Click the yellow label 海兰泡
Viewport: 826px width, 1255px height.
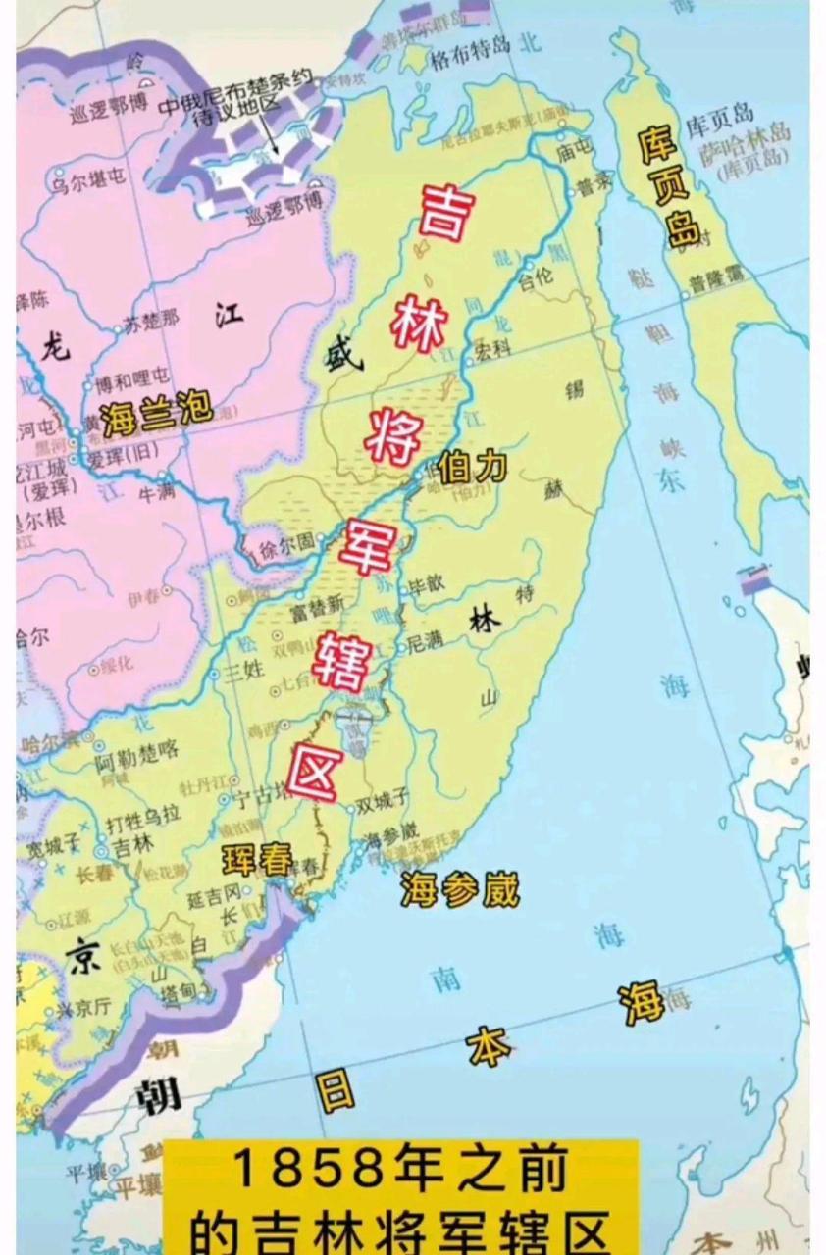click(156, 410)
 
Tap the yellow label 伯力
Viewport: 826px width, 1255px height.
click(473, 467)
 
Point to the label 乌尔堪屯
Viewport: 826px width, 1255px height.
click(88, 179)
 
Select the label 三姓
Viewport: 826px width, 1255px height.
click(244, 671)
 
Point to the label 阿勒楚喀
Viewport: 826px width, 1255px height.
click(137, 752)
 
